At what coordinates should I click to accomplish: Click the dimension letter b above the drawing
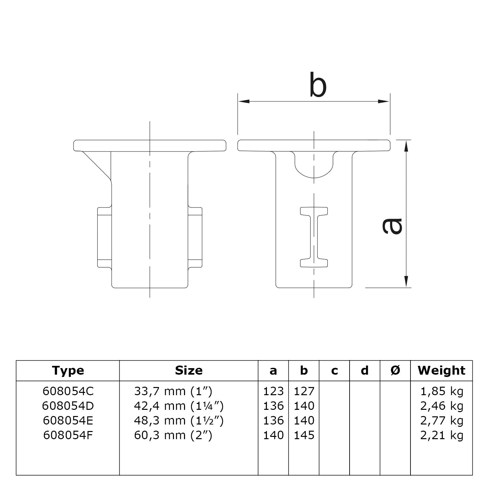point(317,85)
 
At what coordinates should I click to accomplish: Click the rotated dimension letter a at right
point(392,226)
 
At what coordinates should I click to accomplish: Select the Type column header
point(68,370)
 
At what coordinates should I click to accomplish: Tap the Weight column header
point(441,370)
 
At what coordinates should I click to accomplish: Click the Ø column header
point(395,370)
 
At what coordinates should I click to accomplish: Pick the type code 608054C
point(68,391)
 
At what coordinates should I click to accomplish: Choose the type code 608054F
point(68,435)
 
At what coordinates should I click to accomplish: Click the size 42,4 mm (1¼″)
point(179,406)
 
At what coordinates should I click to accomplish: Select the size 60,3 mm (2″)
point(173,435)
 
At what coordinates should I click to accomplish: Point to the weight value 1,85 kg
point(441,391)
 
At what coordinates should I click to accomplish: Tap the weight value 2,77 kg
point(441,421)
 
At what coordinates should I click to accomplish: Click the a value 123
point(273,391)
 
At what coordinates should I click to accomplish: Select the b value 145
point(304,435)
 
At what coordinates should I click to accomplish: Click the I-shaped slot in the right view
point(314,237)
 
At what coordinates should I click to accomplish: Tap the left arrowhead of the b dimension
point(243,101)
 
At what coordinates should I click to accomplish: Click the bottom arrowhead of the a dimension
point(406,282)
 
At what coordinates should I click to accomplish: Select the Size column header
point(189,370)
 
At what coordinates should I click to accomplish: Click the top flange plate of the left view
point(150,145)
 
